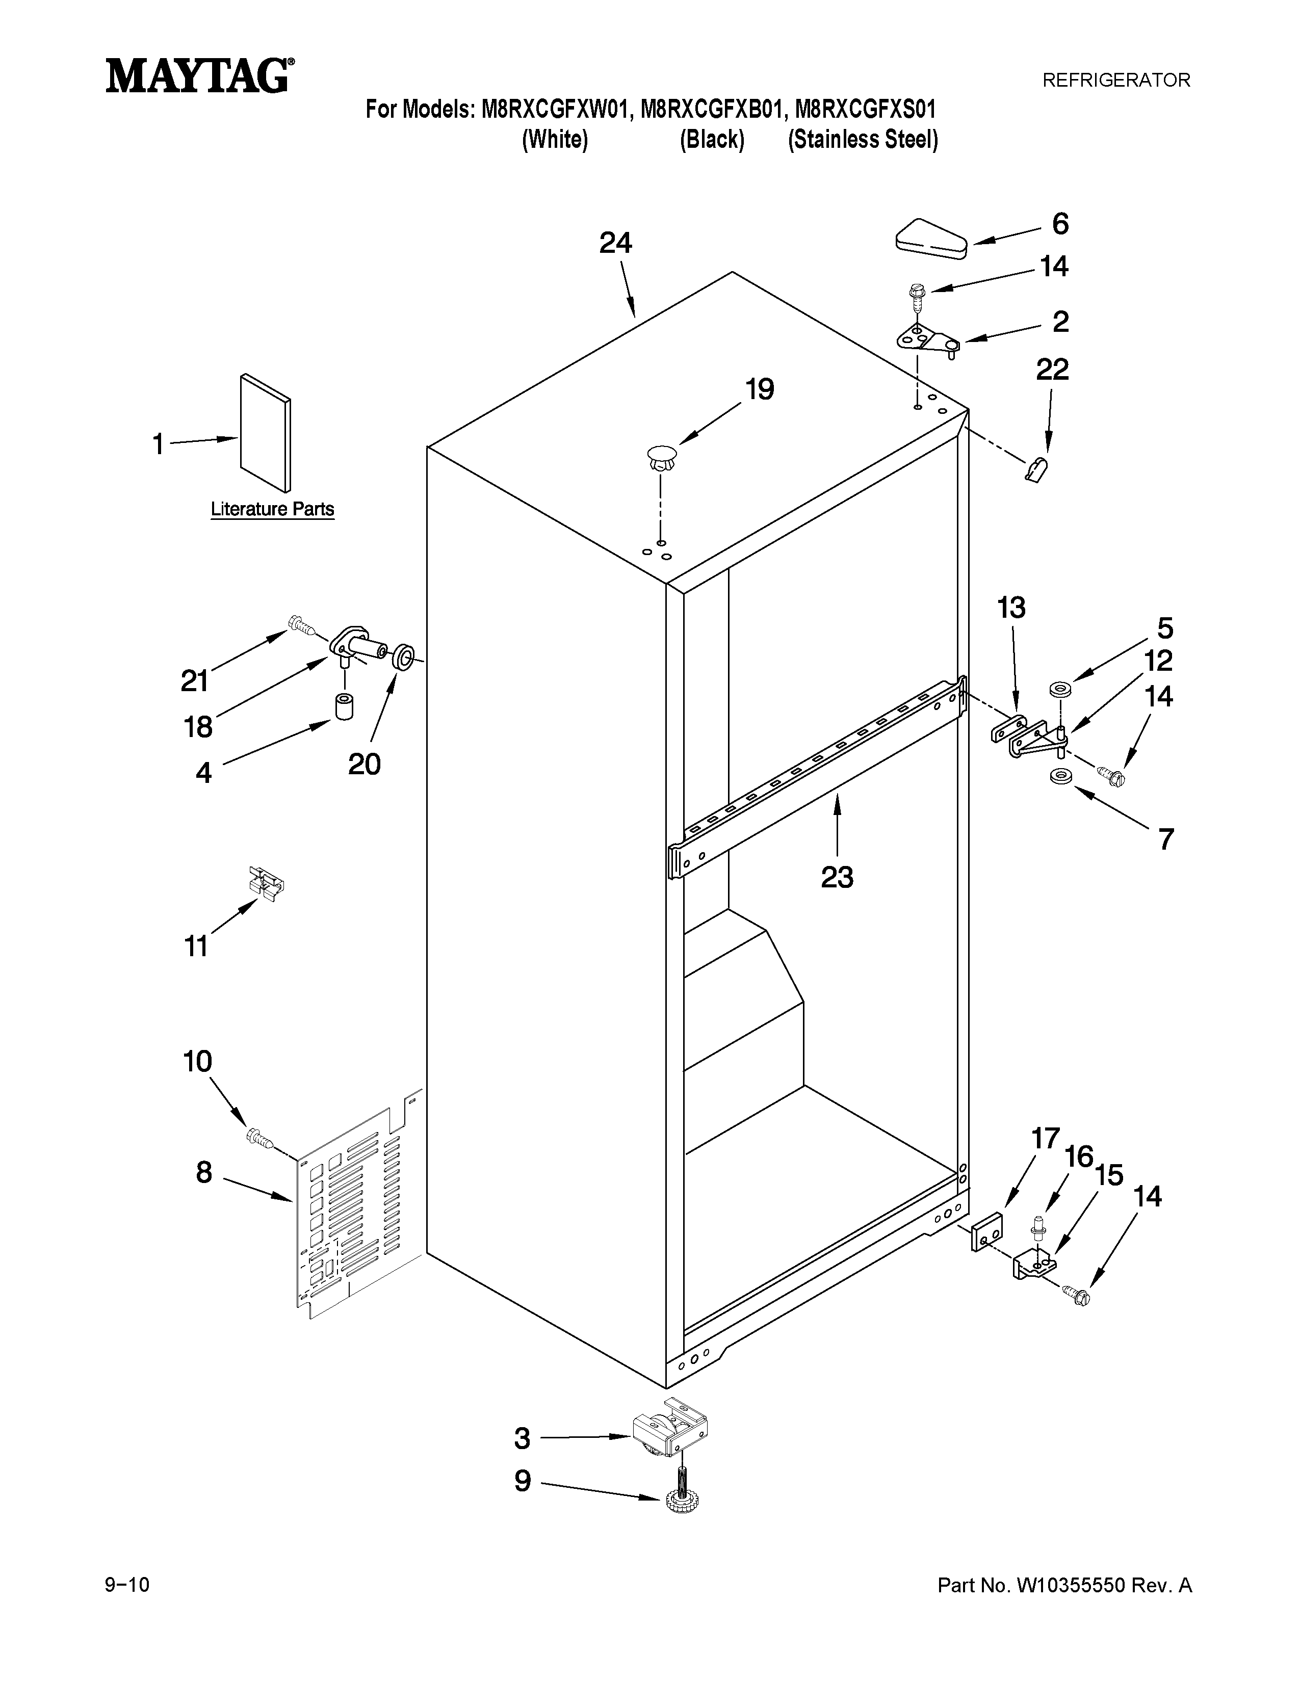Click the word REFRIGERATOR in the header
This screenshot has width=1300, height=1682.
point(1116,80)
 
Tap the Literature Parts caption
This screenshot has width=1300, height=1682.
point(273,509)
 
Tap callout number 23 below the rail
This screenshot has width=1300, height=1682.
point(837,877)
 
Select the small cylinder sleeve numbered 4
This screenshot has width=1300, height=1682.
point(344,706)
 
